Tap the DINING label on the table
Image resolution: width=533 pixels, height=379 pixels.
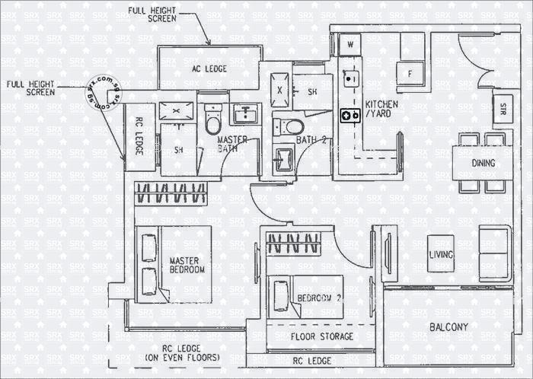point(483,163)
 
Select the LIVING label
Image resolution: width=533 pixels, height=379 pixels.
point(441,255)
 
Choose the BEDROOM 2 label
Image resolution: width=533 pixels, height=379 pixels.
point(319,298)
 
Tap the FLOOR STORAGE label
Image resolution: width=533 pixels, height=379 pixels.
point(321,336)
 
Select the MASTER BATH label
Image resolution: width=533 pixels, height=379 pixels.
point(232,145)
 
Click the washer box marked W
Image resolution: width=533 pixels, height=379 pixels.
point(350,45)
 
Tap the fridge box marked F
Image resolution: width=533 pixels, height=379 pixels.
point(410,74)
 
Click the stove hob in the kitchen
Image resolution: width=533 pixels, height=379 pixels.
point(350,115)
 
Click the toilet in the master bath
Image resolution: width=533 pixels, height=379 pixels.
point(213,121)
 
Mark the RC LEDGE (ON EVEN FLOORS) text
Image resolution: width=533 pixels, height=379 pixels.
point(182,352)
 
